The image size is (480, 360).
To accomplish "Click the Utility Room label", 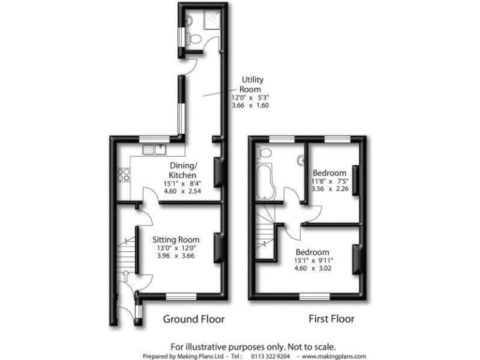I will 253,84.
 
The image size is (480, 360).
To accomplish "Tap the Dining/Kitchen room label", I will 184,171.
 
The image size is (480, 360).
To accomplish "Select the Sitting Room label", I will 176,239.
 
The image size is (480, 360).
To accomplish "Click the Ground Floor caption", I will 194,319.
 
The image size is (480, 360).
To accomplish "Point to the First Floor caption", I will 331,319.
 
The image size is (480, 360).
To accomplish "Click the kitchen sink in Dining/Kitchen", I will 153,149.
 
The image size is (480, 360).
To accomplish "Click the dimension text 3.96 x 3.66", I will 176,255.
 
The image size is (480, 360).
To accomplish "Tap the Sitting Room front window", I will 182,294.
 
